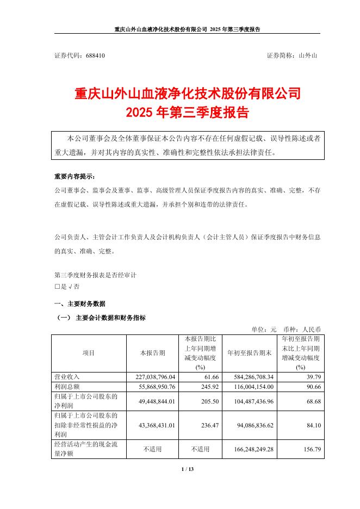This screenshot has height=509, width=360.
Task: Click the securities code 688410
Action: tap(95, 55)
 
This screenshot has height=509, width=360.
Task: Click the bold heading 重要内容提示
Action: tap(74, 177)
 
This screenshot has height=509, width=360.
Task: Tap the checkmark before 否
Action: tap(70, 286)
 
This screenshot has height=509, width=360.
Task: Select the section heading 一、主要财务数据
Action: tap(79, 303)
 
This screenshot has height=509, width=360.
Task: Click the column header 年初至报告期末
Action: tap(249, 352)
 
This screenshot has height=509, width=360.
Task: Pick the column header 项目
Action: tap(89, 352)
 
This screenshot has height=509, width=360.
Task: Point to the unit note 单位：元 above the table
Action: tap(264, 329)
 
